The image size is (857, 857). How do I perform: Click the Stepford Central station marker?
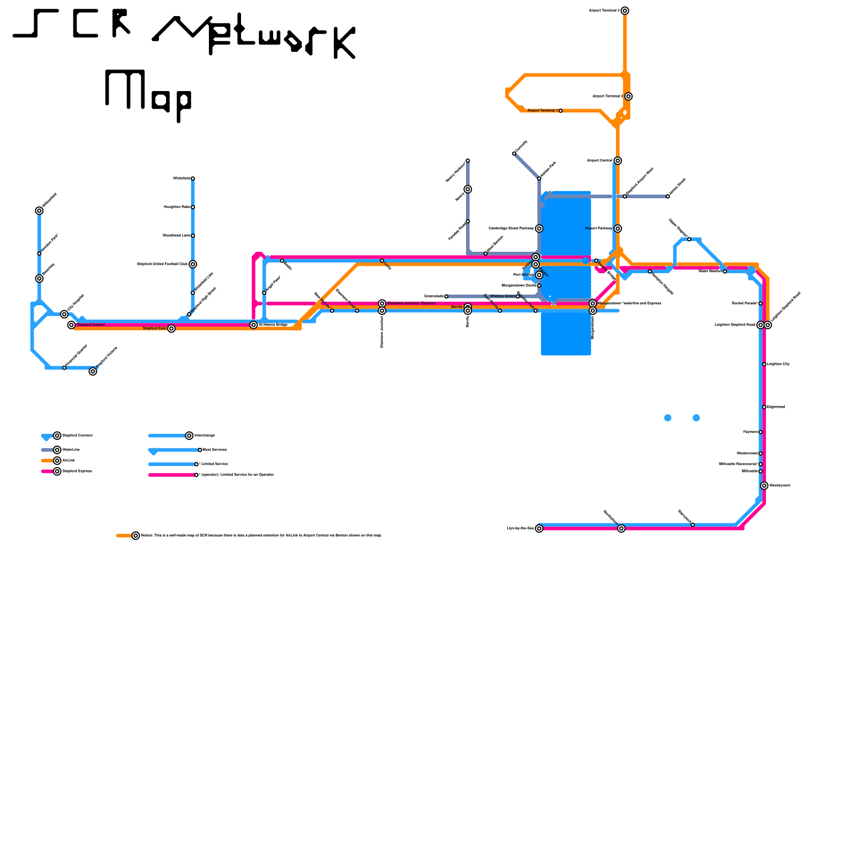[71, 325]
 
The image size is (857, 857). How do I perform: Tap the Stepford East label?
[154, 328]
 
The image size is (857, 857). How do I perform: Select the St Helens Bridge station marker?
[253, 325]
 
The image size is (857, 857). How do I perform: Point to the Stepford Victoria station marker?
[93, 371]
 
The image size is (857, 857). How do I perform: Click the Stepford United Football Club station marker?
[193, 264]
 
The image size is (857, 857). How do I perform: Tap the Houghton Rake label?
[177, 207]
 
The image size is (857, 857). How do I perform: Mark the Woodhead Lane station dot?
[193, 236]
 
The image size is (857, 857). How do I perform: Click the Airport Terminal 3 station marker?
[625, 11]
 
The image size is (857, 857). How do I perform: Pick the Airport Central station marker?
[618, 161]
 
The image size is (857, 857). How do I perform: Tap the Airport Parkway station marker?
[618, 229]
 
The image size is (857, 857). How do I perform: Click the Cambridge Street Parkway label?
[511, 229]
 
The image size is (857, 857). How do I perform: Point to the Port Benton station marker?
[539, 275]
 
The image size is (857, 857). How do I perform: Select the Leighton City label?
[778, 364]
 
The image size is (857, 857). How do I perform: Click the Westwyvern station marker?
[764, 486]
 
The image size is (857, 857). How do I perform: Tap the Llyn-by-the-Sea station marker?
[539, 529]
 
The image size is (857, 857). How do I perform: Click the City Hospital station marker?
[64, 314]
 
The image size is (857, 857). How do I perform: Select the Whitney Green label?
[502, 296]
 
